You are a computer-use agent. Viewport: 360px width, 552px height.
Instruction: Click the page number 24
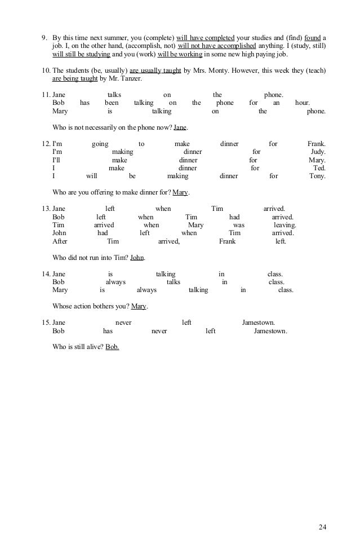[322, 528]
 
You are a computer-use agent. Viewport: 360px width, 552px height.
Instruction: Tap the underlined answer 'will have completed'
[205, 38]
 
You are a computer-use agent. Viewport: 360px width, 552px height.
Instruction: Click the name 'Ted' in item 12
[319, 168]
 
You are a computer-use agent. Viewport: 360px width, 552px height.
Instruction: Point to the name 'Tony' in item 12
[317, 176]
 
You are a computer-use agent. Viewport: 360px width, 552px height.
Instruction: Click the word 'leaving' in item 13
[285, 225]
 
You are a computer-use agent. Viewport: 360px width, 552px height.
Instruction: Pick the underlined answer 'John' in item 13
[137, 258]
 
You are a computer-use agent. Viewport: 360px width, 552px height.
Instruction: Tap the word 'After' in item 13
[60, 241]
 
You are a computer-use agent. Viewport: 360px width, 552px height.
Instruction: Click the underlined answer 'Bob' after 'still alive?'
[112, 347]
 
